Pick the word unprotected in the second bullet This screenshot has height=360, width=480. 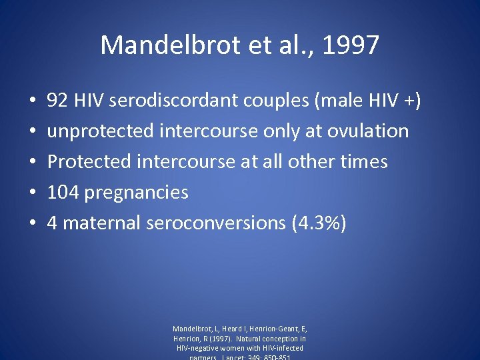pyautogui.click(x=101, y=131)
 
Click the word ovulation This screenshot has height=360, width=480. pyautogui.click(x=368, y=131)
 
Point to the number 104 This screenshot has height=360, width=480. pyautogui.click(x=63, y=193)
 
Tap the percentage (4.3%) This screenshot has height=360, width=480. pyautogui.click(x=319, y=223)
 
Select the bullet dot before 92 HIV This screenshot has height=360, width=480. pyautogui.click(x=33, y=101)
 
